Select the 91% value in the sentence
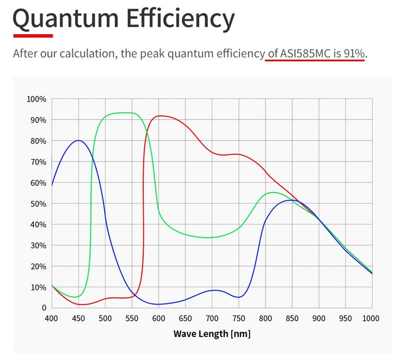(x=354, y=54)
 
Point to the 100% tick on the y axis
(x=36, y=99)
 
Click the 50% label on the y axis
(x=38, y=203)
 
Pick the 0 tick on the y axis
(x=43, y=308)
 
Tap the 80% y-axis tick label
(x=38, y=141)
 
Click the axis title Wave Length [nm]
(x=212, y=334)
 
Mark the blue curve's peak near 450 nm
(x=78, y=140)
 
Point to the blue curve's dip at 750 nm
(x=238, y=297)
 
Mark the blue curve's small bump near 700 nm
(x=213, y=290)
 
